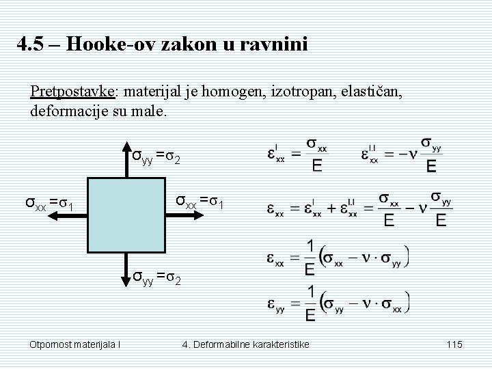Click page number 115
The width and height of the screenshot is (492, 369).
pos(454,344)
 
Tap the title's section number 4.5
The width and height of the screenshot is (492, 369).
pos(30,46)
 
